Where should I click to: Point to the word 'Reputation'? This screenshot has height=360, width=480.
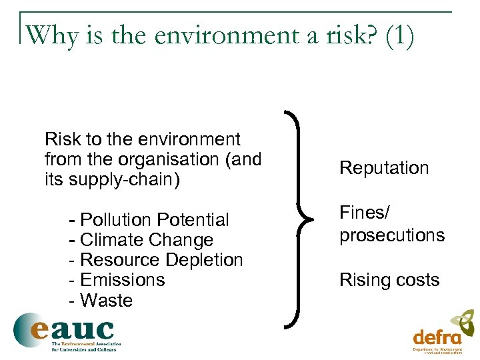point(384,168)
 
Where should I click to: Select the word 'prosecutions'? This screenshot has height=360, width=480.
point(392,235)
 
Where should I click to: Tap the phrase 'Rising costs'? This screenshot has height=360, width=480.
point(389,280)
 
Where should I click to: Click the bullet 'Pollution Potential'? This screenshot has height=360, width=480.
point(154,220)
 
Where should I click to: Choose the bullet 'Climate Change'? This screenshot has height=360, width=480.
point(146,240)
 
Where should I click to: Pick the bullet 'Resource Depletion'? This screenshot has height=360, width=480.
point(161,260)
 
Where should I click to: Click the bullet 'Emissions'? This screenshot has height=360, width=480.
point(122,280)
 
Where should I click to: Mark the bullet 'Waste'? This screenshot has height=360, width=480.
point(106,301)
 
